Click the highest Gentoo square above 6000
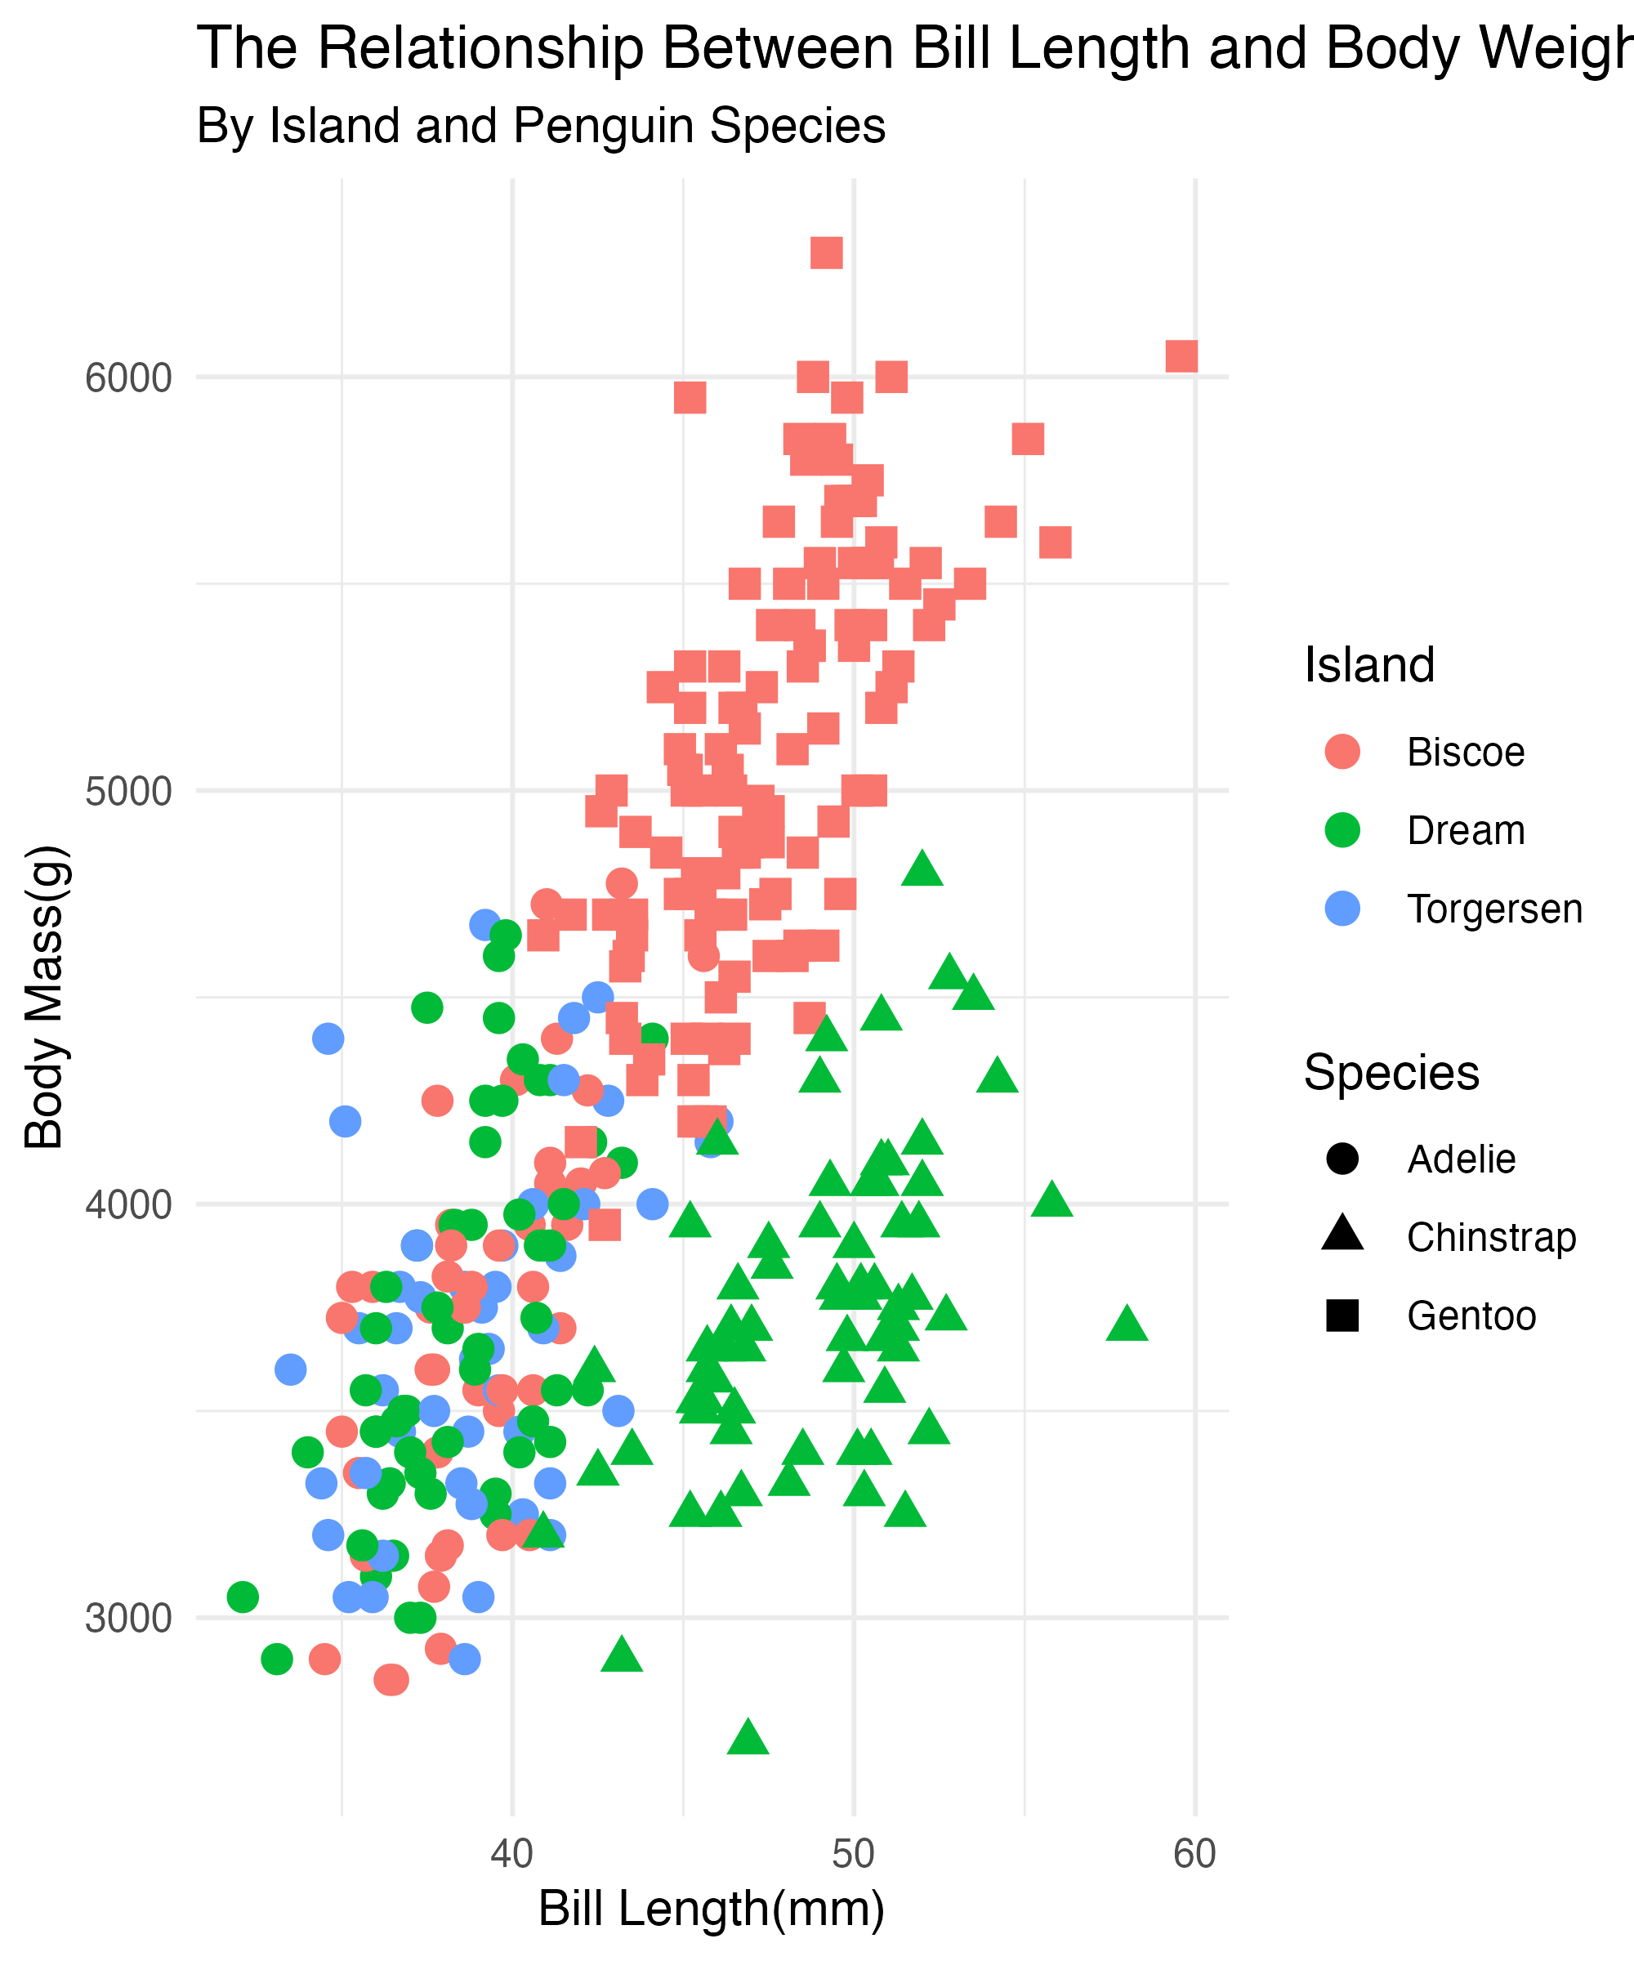(826, 252)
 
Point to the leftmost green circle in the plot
(243, 1597)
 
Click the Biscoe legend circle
(1342, 752)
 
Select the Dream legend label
(1466, 830)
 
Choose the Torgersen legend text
(1495, 909)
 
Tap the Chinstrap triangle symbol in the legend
(1342, 1235)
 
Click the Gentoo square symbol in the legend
(1342, 1316)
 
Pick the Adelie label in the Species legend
(1462, 1159)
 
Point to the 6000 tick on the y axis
(129, 378)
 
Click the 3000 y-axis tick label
(129, 1617)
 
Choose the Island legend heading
(1368, 665)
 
